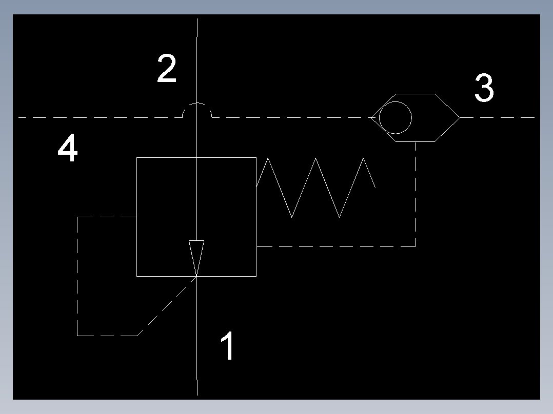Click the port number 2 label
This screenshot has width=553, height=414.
pos(166,68)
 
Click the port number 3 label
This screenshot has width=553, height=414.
pos(484,88)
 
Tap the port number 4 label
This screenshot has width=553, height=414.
pos(67,147)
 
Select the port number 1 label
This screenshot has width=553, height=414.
pos(228,345)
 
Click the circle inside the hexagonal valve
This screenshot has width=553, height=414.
pos(396,118)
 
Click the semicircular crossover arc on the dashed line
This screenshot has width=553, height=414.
pos(197,103)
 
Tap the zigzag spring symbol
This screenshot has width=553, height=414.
pos(315,188)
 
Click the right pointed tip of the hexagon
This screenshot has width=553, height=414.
pos(460,118)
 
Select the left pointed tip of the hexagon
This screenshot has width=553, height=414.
pos(371,118)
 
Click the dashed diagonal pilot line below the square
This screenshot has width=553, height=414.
pos(167,306)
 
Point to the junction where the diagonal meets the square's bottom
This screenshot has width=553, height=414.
pos(197,277)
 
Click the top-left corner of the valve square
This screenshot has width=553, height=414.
pos(137,157)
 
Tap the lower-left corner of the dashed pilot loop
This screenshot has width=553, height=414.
pos(77,336)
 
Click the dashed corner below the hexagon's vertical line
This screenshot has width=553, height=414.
pos(415,246)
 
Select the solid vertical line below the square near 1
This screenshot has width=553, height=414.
pos(197,336)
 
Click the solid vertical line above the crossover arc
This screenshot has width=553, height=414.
pos(197,60)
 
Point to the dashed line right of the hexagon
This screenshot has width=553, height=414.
pos(498,118)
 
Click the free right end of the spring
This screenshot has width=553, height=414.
pos(376,187)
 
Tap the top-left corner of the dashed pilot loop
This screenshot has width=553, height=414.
pos(77,217)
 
